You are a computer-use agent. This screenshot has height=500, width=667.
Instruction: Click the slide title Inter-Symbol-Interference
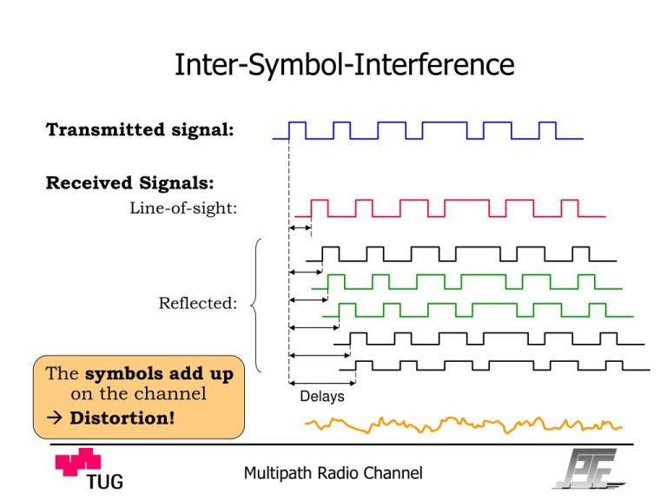[345, 65]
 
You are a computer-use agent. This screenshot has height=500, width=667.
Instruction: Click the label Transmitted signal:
[140, 130]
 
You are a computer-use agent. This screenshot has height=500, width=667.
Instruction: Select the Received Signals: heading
[129, 183]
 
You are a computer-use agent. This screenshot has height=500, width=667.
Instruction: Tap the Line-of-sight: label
[183, 207]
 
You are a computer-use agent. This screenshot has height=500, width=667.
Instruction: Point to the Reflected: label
[197, 303]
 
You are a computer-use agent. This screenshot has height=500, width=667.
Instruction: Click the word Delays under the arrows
[322, 397]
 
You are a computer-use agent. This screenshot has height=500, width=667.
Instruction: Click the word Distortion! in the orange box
[122, 418]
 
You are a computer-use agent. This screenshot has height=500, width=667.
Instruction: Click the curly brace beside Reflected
[255, 304]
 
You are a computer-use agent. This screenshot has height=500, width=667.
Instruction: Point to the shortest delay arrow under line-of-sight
[300, 228]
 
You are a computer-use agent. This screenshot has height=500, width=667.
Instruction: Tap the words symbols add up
[159, 374]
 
